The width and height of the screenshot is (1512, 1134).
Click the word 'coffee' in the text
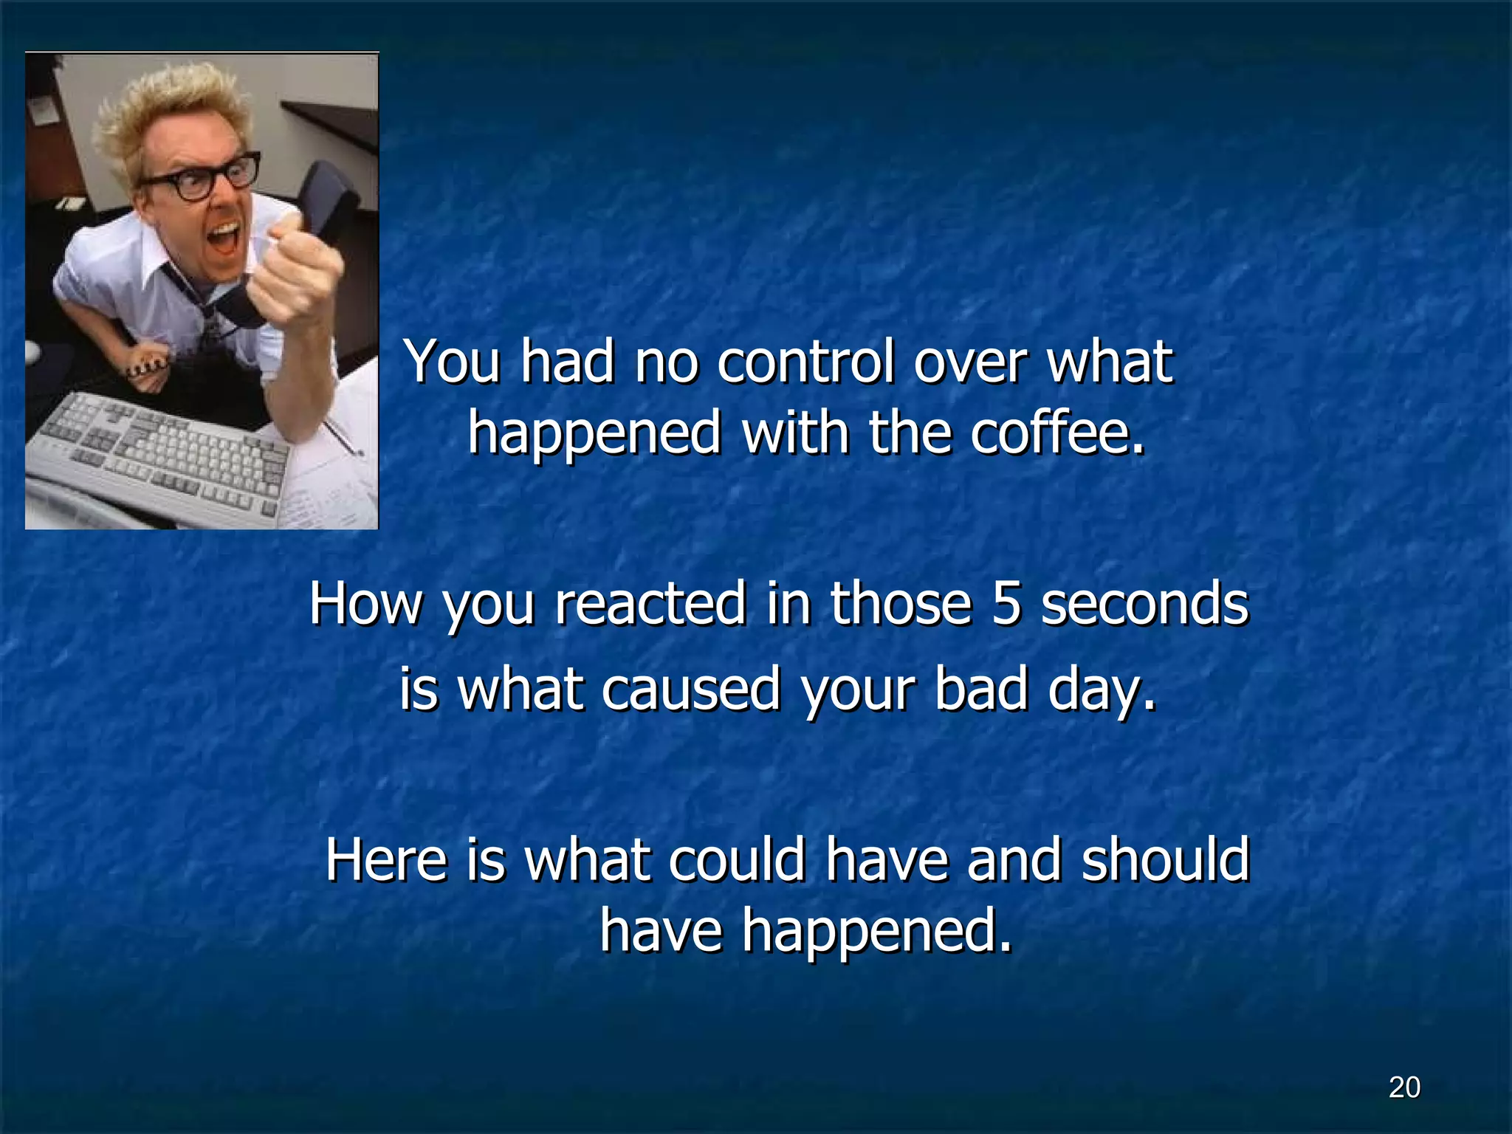pyautogui.click(x=1057, y=433)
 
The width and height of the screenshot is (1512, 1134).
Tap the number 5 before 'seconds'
pyautogui.click(x=1006, y=604)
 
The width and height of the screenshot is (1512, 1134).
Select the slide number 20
pyautogui.click(x=1403, y=1087)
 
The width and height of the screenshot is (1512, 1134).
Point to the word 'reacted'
pyautogui.click(x=650, y=604)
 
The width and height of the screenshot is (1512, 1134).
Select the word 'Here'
pyautogui.click(x=386, y=861)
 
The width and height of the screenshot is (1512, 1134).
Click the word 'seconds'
pyautogui.click(x=1144, y=604)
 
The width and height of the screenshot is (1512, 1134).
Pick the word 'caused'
pyautogui.click(x=690, y=689)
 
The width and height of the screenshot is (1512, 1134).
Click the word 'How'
pyautogui.click(x=365, y=604)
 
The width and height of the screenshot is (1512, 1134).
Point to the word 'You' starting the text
pyautogui.click(x=453, y=363)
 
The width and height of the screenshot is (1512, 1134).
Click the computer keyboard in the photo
pyautogui.click(x=162, y=450)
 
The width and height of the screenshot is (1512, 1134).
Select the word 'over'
pyautogui.click(x=969, y=363)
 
